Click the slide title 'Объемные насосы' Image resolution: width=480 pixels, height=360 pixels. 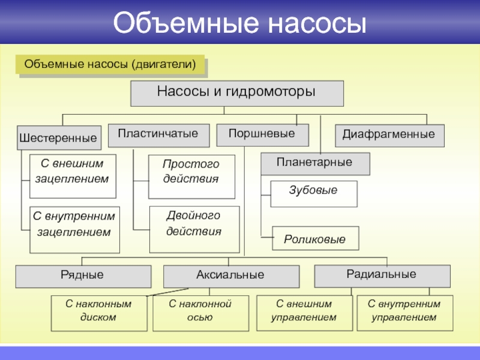239,23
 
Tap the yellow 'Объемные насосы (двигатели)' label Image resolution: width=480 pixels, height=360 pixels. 110,64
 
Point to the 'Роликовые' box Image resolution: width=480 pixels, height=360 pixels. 316,238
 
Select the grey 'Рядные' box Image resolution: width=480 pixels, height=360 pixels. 83,277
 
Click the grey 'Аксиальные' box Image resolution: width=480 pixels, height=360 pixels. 231,277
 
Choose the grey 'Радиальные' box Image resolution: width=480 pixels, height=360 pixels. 382,275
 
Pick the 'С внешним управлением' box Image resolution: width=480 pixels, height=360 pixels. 305,313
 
